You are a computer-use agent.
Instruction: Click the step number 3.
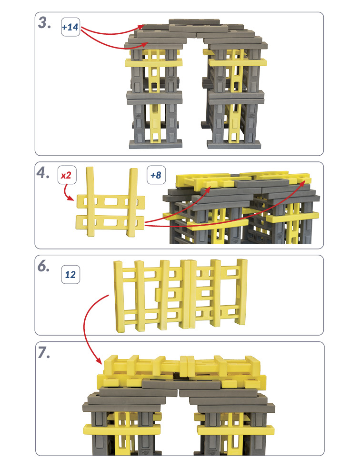(x=44, y=23)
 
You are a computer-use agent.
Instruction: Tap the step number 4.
(x=43, y=172)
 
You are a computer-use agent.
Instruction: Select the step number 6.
(x=43, y=266)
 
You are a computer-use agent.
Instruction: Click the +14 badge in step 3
(x=70, y=27)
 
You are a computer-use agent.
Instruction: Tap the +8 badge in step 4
(x=156, y=175)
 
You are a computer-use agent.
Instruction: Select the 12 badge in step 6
(x=70, y=275)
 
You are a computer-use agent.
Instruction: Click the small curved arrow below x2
(x=67, y=193)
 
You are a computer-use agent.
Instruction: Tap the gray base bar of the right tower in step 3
(x=234, y=145)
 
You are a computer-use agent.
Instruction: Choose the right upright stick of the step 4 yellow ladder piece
(x=132, y=202)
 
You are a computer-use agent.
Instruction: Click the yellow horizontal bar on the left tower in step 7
(x=122, y=429)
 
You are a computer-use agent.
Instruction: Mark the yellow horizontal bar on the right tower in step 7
(x=235, y=430)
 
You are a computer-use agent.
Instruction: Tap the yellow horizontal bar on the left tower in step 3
(x=153, y=63)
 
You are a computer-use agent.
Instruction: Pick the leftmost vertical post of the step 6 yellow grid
(x=119, y=297)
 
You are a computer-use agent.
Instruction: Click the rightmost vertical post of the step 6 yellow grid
(x=241, y=291)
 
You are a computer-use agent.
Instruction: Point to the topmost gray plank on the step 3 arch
(x=194, y=22)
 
